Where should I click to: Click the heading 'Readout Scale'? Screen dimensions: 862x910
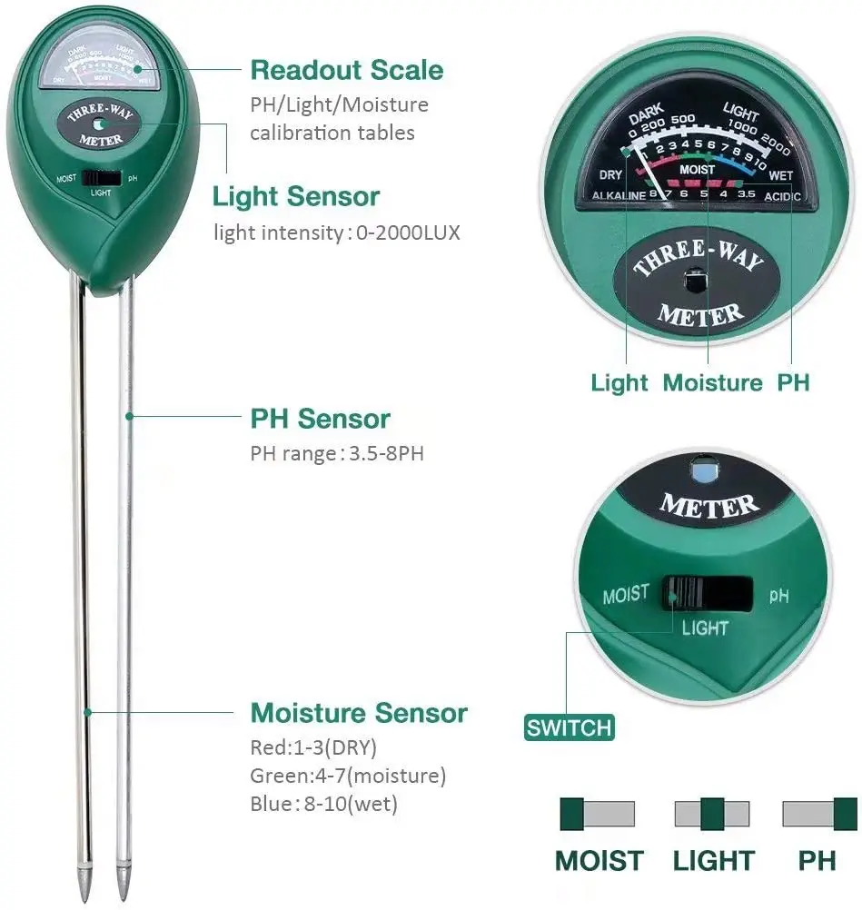coord(347,70)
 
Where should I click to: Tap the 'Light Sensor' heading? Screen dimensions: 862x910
coord(296,196)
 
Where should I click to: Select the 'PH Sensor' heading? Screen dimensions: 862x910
coord(320,419)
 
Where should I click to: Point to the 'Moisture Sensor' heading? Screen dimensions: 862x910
coord(359,713)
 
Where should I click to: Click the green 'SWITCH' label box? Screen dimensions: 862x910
coord(570,727)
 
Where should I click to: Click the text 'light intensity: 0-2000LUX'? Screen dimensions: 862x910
coord(337,232)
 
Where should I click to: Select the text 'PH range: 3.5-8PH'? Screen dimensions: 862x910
coord(337,453)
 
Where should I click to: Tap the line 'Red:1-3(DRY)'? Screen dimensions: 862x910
coord(313,748)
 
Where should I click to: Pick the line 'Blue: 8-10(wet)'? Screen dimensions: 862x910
coord(324,804)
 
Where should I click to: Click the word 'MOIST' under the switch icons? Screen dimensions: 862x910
coord(599,860)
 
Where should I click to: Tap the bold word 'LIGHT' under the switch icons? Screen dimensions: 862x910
coord(714,860)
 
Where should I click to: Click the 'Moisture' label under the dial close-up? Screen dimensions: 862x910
coord(712,382)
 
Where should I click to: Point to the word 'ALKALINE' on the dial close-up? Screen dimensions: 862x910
coord(619,195)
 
